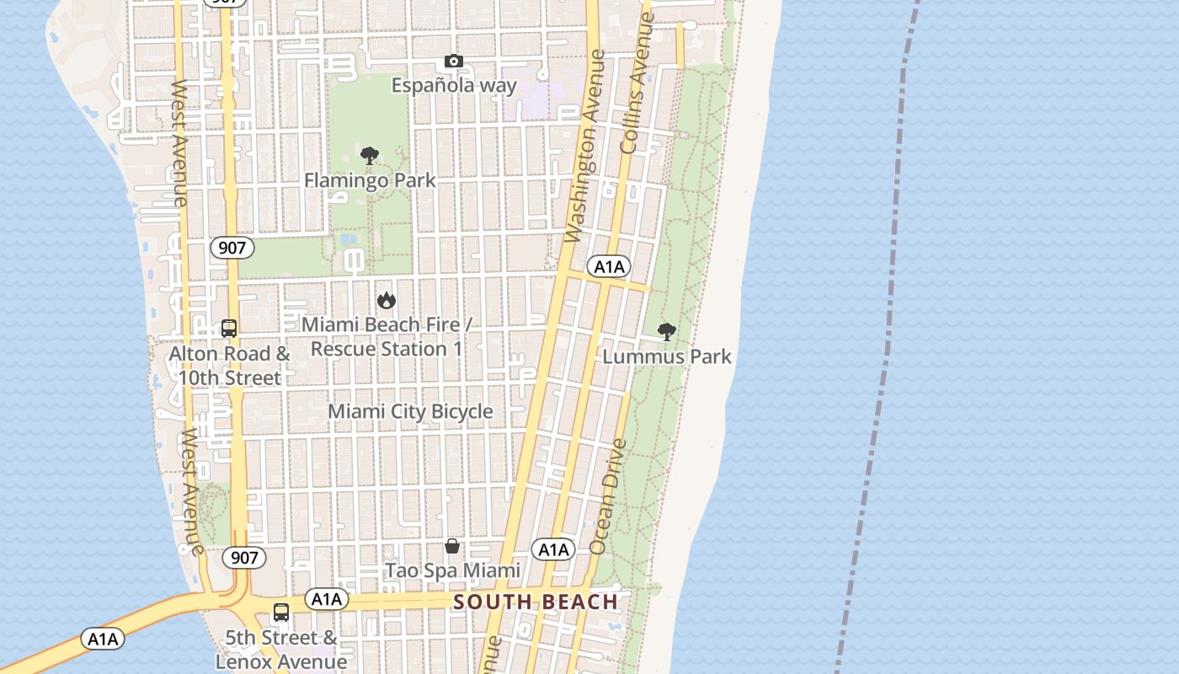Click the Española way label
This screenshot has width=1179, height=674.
click(454, 86)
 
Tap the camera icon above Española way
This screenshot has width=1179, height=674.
click(454, 61)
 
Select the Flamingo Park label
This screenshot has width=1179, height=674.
click(370, 180)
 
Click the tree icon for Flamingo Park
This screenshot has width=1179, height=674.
click(369, 156)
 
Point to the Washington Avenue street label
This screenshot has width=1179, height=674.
click(586, 147)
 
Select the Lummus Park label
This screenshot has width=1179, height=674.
click(667, 356)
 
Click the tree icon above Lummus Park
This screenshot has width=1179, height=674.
click(666, 332)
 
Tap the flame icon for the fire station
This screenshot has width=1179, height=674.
click(387, 300)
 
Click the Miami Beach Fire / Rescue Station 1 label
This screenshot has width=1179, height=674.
click(387, 336)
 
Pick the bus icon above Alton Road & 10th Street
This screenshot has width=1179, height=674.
click(229, 329)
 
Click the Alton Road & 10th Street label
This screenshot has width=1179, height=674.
click(229, 366)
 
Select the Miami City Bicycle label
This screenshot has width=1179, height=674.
click(410, 411)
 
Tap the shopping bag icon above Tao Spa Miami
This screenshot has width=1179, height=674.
click(452, 546)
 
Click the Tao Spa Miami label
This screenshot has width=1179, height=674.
click(452, 570)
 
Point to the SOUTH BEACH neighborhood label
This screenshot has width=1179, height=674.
click(536, 602)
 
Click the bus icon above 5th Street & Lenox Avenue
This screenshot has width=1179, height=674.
click(281, 612)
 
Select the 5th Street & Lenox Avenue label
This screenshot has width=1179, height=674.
click(281, 650)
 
